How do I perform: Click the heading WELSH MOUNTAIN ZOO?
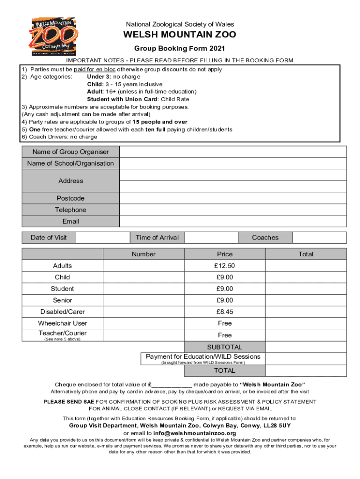pyautogui.click(x=180, y=35)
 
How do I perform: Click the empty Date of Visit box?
pyautogui.click(x=102, y=238)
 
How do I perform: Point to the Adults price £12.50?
pyautogui.click(x=224, y=266)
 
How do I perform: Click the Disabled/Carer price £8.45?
pyautogui.click(x=224, y=312)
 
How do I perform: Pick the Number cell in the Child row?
pyautogui.click(x=144, y=277)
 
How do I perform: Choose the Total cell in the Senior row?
pyautogui.click(x=306, y=300)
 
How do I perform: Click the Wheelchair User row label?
pyautogui.click(x=63, y=323)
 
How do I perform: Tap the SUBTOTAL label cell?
pyautogui.click(x=224, y=347)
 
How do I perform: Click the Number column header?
pyautogui.click(x=144, y=254)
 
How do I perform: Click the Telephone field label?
pyautogui.click(x=71, y=210)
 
